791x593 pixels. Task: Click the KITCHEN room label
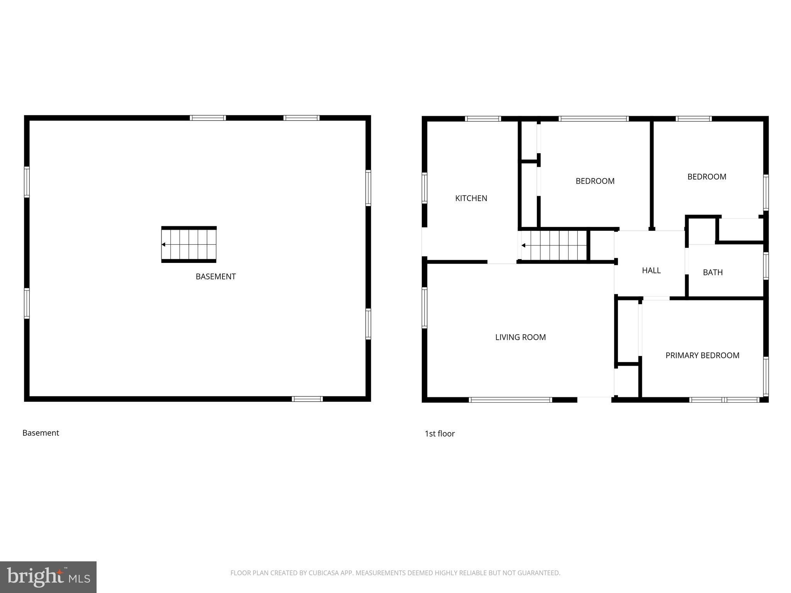(x=471, y=198)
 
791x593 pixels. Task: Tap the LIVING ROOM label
(x=520, y=337)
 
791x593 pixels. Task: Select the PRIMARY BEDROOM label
(x=702, y=356)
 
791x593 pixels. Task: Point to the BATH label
(x=713, y=273)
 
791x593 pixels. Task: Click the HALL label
(x=651, y=271)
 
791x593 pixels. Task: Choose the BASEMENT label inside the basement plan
(x=216, y=277)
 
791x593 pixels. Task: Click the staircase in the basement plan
(x=189, y=244)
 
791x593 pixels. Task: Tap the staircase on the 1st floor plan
(x=554, y=246)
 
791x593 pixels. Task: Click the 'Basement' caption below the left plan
(x=41, y=433)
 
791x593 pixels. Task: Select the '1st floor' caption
(x=440, y=434)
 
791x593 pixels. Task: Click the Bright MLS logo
(x=48, y=577)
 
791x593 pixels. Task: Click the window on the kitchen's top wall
(x=483, y=119)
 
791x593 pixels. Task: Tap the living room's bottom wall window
(x=510, y=400)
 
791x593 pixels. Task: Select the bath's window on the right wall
(x=766, y=266)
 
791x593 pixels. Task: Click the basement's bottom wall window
(x=307, y=399)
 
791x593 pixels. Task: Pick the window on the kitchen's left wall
(x=424, y=188)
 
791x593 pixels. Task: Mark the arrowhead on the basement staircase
(x=163, y=244)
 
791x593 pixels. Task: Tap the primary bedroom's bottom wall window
(x=724, y=400)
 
